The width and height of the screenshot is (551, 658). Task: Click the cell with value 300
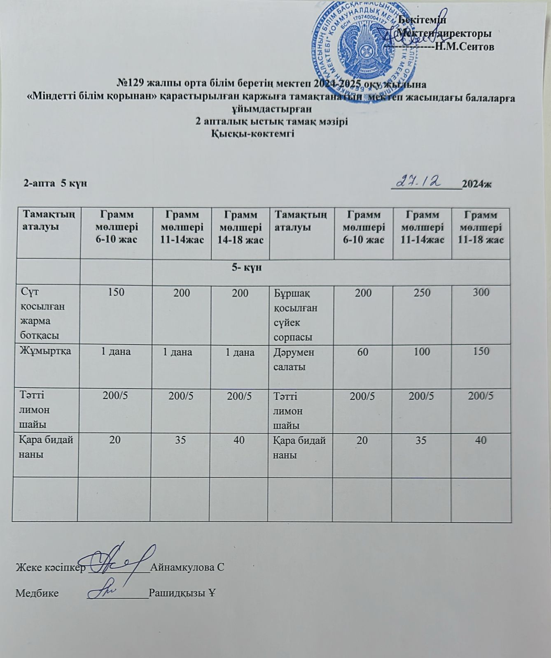481,293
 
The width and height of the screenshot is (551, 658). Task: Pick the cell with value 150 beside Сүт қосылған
116,293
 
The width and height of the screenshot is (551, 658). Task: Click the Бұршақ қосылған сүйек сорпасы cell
295,315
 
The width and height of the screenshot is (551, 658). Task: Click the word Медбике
37,593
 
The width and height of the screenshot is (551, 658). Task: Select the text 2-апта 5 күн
55,183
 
